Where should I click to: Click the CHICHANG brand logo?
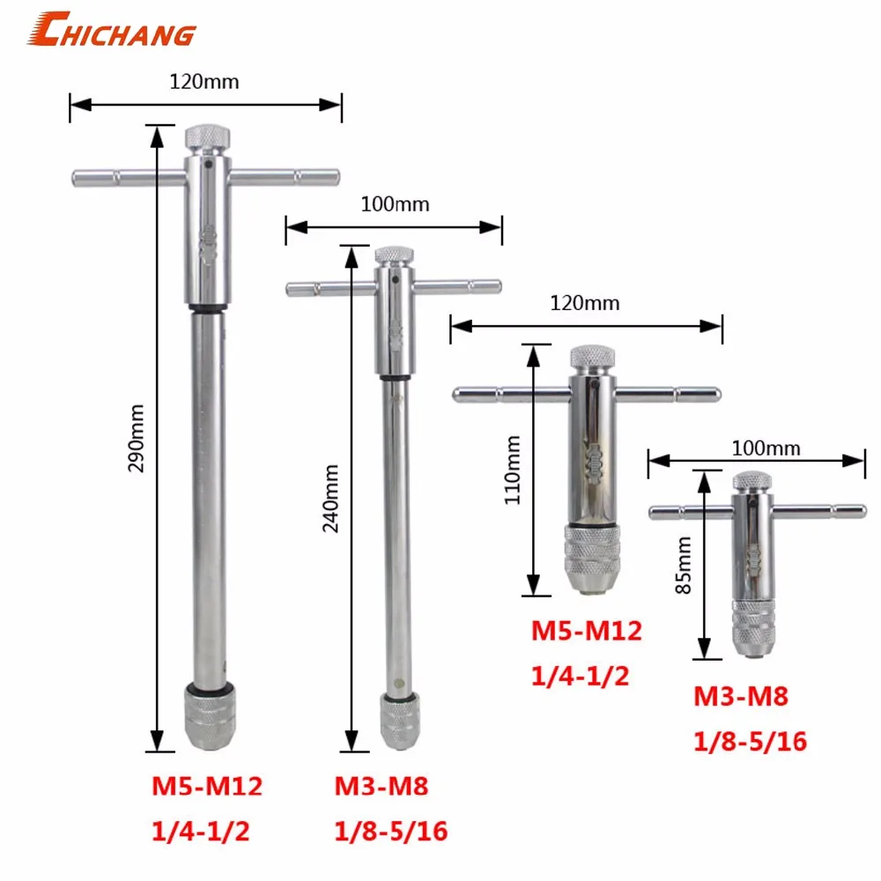click(x=112, y=29)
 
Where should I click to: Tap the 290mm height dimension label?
click(x=136, y=439)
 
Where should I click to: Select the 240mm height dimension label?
click(x=330, y=499)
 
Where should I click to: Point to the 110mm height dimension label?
click(x=513, y=470)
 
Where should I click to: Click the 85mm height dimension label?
click(x=684, y=566)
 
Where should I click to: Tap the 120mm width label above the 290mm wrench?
click(x=204, y=82)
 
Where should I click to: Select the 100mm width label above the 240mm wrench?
click(x=395, y=204)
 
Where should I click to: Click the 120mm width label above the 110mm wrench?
click(x=585, y=303)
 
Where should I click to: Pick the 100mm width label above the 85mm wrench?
click(x=766, y=448)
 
